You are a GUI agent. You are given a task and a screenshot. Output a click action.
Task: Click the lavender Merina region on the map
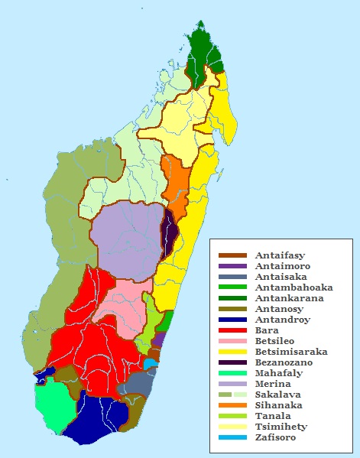(126, 237)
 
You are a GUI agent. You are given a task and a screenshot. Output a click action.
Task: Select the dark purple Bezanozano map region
(170, 235)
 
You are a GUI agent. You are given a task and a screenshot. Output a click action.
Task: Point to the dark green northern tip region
(203, 54)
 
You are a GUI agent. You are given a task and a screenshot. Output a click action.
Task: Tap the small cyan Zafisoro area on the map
(151, 364)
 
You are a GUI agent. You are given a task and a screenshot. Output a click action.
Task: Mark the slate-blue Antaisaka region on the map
(138, 382)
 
